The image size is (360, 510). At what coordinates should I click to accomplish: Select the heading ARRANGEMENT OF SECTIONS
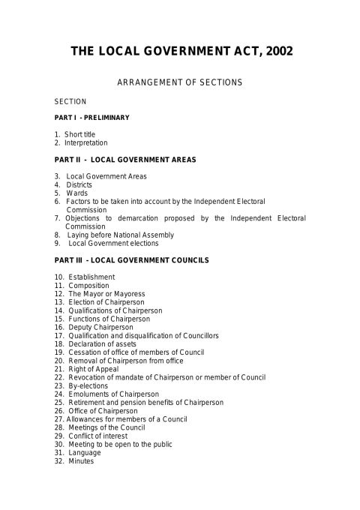pos(180,82)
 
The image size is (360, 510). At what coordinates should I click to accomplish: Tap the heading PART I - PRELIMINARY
pos(92,118)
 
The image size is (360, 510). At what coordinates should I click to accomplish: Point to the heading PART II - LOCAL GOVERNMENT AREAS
pos(120,160)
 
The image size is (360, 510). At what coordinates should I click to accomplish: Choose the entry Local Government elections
pos(113,243)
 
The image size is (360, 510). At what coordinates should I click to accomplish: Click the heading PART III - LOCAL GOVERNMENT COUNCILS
pos(131,260)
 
